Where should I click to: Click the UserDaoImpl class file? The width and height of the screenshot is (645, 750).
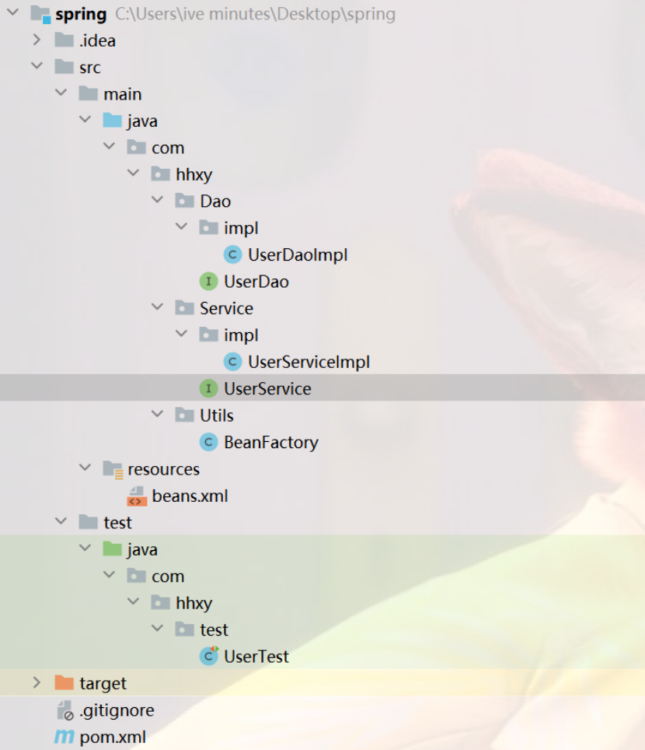[297, 255]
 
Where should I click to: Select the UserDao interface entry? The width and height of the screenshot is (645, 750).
[256, 282]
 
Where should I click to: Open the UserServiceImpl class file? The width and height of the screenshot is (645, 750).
[309, 362]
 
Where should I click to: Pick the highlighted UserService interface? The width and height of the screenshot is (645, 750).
[267, 388]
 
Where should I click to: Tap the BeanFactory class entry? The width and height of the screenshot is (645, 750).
[270, 443]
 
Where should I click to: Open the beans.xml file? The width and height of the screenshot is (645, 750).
[190, 496]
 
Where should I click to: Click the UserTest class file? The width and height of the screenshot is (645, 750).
[256, 657]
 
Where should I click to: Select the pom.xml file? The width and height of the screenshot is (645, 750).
[113, 737]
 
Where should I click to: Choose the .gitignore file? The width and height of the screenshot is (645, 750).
[117, 710]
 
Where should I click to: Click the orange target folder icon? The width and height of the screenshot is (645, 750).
[64, 683]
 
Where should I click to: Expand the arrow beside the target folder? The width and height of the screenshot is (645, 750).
[36, 683]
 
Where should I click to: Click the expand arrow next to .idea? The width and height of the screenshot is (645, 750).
[36, 40]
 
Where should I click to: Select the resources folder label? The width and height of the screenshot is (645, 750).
[163, 469]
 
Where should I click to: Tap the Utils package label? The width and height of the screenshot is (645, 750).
[216, 415]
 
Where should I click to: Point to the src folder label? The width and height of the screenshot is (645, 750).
[89, 68]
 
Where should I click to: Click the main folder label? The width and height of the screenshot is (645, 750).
[122, 94]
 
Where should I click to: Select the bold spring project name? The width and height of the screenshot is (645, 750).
[81, 14]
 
